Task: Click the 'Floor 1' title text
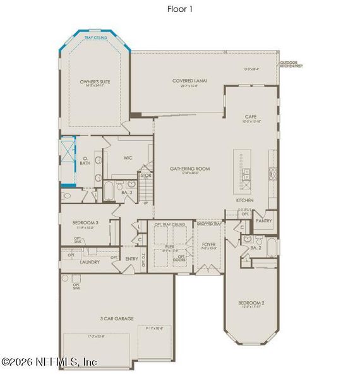180,9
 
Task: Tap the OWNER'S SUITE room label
93,82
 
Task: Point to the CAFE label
250,117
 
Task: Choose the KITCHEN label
245,200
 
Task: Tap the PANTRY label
264,220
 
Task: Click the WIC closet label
128,158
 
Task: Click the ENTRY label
132,258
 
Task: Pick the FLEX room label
169,248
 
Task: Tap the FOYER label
209,244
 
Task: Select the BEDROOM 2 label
251,303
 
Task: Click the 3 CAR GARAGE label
117,318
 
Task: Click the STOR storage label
146,174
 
